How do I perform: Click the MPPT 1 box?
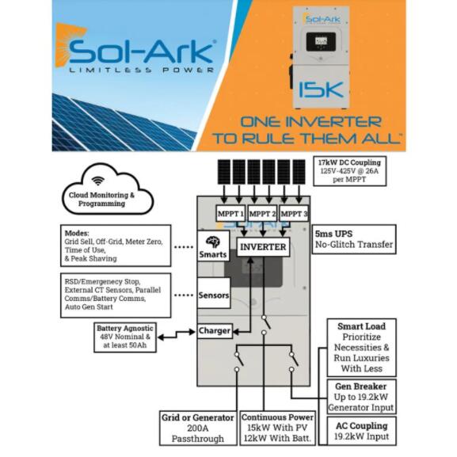230,214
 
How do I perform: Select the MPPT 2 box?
262,214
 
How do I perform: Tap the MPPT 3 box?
294,214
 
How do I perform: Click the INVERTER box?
263,247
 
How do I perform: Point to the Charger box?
215,331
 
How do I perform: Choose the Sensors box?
214,293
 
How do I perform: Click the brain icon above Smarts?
213,242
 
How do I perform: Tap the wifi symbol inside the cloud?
98,181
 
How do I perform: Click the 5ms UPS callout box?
354,239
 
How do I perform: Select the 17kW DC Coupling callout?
350,171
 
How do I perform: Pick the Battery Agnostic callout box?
125,337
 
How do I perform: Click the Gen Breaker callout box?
361,397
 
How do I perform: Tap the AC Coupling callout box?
362,431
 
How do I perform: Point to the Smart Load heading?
361,326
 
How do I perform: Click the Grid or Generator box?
198,428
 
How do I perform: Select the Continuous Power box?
278,428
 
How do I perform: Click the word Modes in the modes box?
77,233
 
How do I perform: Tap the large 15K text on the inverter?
322,89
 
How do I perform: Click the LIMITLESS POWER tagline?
142,70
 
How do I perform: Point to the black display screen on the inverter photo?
321,41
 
